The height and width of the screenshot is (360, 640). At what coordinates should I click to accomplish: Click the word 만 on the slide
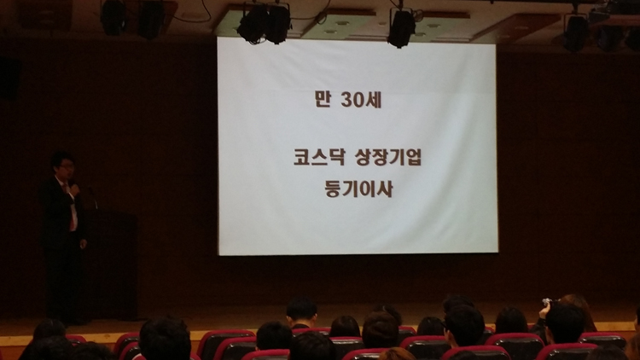[x=323, y=99]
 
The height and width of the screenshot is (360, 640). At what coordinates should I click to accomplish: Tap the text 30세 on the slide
[x=361, y=100]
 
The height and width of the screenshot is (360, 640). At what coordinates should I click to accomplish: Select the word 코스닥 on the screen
[x=319, y=157]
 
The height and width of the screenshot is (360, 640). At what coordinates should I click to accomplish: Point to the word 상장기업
[x=388, y=157]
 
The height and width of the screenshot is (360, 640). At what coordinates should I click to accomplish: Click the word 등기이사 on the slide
[x=358, y=189]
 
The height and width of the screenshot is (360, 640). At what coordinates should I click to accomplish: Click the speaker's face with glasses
[x=66, y=167]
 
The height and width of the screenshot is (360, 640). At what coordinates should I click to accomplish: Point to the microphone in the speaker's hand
[x=75, y=189]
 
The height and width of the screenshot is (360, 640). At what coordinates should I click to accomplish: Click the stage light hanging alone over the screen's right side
[x=401, y=28]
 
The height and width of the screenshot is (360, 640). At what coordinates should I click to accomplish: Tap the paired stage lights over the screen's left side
[x=264, y=24]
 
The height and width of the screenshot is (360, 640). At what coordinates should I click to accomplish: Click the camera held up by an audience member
[x=546, y=302]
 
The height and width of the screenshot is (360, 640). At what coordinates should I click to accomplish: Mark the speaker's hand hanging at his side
[x=83, y=244]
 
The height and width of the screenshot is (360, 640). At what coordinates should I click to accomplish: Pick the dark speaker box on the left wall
[x=9, y=78]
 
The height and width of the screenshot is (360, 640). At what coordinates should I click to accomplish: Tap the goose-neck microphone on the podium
[x=94, y=197]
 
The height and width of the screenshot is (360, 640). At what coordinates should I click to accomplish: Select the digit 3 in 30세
[x=346, y=100]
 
